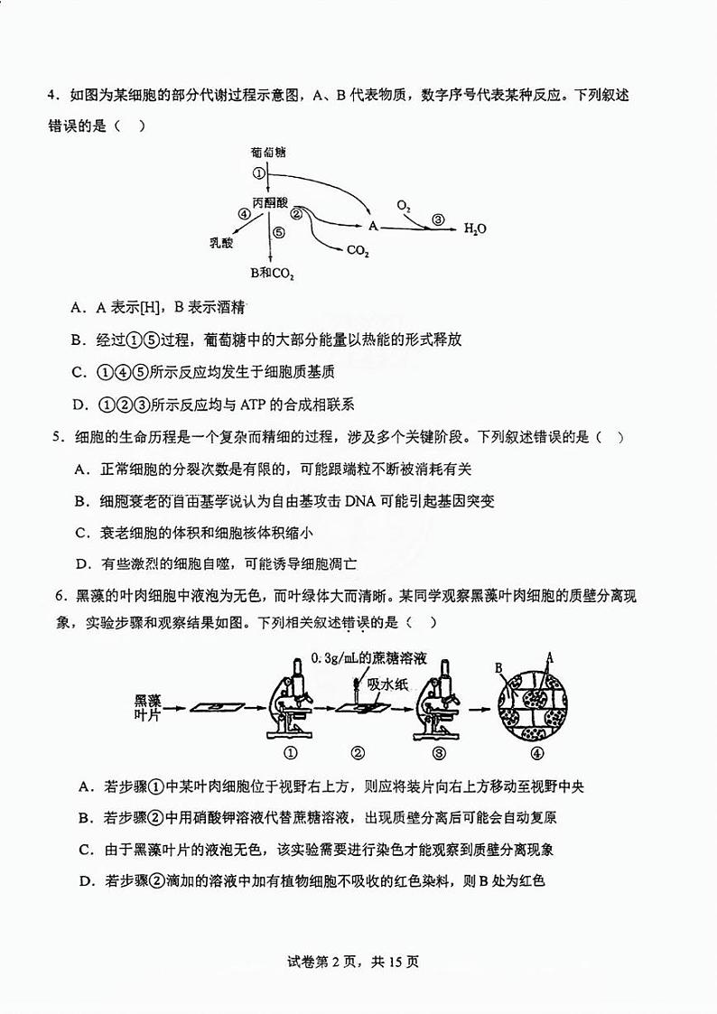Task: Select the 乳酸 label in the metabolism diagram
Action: [221, 242]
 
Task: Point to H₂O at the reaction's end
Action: [475, 228]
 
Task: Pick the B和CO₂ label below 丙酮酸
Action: [273, 272]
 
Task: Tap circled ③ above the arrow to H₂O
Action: [438, 219]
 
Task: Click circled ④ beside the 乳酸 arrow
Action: [243, 214]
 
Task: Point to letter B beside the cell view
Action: [498, 668]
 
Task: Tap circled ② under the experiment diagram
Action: [358, 753]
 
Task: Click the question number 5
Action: [56, 438]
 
